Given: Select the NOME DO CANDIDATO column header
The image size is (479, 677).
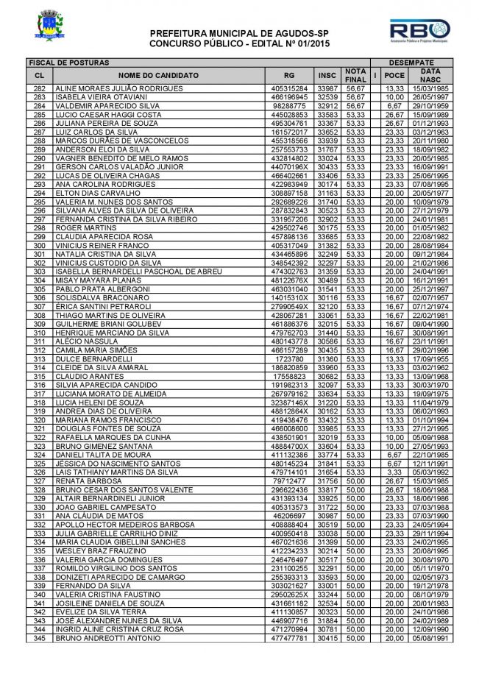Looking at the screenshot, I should (157, 75).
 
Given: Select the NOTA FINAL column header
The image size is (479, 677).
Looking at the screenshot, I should (355, 75).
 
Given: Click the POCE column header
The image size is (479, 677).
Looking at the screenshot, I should (394, 75).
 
